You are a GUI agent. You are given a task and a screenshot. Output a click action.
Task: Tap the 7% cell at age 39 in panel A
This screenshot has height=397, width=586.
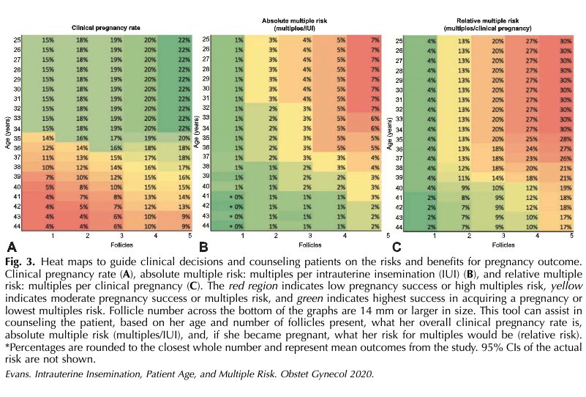coord(50,177)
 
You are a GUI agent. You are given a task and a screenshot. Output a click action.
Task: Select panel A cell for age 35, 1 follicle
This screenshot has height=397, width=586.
coord(50,137)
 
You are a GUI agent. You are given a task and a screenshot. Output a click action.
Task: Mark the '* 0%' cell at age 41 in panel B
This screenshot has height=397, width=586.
coord(236,197)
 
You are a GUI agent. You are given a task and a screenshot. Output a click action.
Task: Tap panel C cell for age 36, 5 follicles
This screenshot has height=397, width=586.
coord(565,147)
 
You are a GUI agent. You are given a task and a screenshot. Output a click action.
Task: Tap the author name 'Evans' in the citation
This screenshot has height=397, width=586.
coord(20,374)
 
